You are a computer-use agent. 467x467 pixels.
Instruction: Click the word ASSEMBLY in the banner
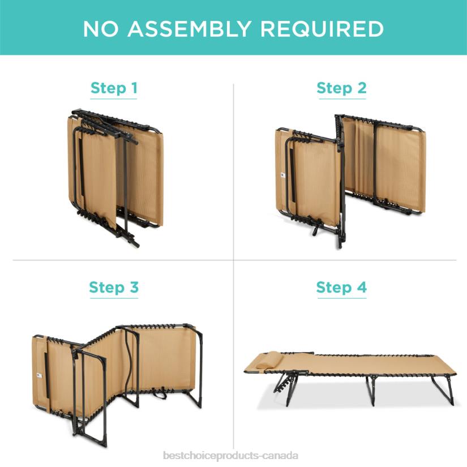coord(189,29)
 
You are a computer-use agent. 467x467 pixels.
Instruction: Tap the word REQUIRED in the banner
coord(322,29)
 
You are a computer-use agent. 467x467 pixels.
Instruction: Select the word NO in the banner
coord(101,29)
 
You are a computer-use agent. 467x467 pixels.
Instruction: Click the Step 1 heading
coord(114,88)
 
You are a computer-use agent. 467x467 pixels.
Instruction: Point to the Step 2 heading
coord(341,88)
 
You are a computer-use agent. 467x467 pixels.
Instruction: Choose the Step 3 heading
coord(114,288)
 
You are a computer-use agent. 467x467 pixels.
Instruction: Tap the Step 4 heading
coord(341,288)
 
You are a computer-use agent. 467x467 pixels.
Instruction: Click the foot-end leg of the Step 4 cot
coord(443,390)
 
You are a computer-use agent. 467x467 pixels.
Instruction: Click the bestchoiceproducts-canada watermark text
coord(231,456)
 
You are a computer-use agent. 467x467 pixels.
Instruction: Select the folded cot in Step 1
coord(115,175)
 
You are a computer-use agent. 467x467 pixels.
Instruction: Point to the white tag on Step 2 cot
coord(283,175)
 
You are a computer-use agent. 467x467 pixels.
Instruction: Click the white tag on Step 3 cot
coord(39,375)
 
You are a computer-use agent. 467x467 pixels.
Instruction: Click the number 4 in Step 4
coord(362,287)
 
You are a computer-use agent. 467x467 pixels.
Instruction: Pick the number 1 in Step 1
coord(134,88)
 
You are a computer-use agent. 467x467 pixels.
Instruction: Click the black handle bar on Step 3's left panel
coord(47,375)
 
